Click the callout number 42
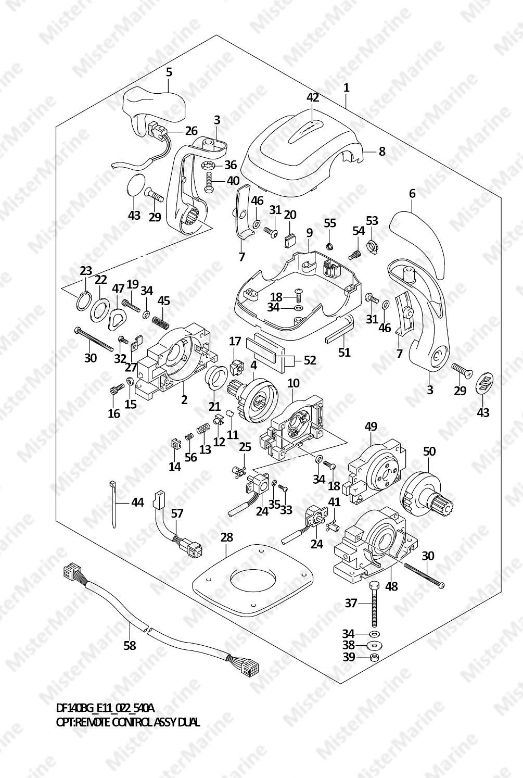coord(312,97)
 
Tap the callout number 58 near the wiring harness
coord(130,645)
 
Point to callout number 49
coord(371,426)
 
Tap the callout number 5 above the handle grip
coord(169,72)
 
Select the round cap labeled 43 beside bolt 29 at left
coord(134,186)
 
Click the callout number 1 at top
coord(346,87)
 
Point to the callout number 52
coord(310,360)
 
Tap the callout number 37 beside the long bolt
coord(351,603)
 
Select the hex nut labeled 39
coord(374,657)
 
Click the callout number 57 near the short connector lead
coord(177,513)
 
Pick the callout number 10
coord(293,383)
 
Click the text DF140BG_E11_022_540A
coord(105,708)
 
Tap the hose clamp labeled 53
coord(372,242)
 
